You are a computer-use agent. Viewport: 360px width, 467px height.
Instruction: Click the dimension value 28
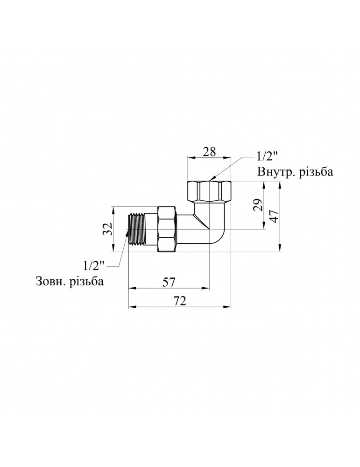(209, 152)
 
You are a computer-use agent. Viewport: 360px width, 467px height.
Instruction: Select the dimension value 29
(259, 205)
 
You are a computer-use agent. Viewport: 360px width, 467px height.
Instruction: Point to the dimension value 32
(107, 229)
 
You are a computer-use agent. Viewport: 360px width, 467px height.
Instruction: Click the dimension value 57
(169, 282)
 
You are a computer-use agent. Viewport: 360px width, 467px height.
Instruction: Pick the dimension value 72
(180, 301)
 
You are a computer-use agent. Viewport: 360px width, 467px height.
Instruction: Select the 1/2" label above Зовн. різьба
(94, 265)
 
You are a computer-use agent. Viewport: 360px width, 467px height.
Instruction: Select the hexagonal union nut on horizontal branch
(168, 229)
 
